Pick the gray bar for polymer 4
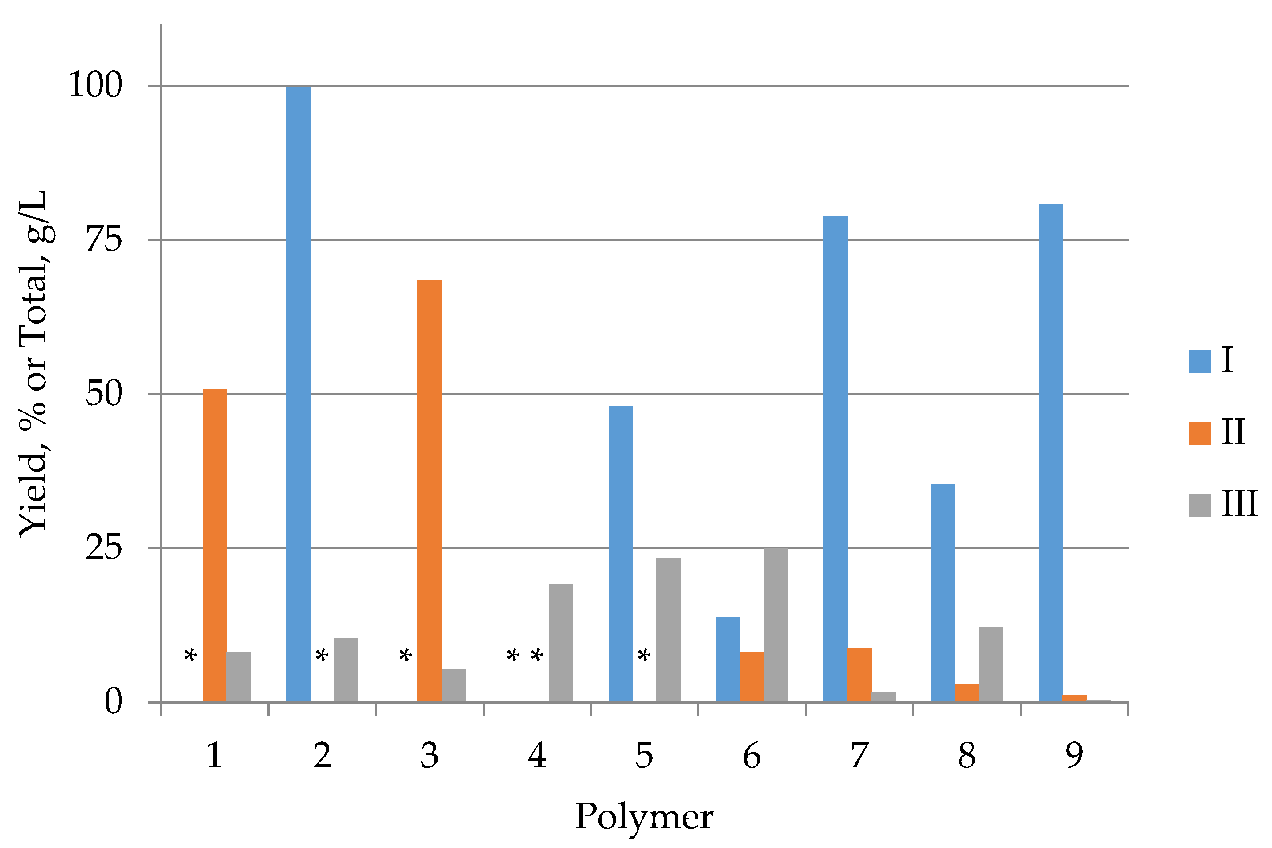pyautogui.click(x=561, y=643)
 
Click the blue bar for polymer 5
pyautogui.click(x=620, y=554)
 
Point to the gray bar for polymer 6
pyautogui.click(x=775, y=625)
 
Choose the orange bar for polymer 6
pyautogui.click(x=752, y=677)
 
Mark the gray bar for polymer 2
pyautogui.click(x=346, y=670)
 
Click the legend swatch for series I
pyautogui.click(x=1199, y=361)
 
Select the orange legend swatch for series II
pyautogui.click(x=1199, y=433)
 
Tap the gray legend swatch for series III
pyautogui.click(x=1199, y=505)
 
